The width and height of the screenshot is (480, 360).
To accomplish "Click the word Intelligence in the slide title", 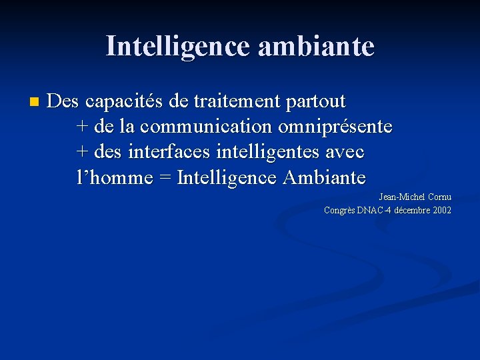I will tap(177, 47).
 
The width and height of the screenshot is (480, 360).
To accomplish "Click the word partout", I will tap(315, 102).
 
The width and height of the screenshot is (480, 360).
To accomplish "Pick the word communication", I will tap(206, 126).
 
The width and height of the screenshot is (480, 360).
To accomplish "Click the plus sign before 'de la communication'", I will tap(83, 127).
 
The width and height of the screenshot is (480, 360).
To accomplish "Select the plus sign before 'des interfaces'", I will tap(83, 152).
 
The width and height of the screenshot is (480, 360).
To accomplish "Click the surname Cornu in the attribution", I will tap(439, 197).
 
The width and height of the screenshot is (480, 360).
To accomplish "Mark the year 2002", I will tap(441, 210).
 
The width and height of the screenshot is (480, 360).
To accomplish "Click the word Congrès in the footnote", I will tap(339, 211).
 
